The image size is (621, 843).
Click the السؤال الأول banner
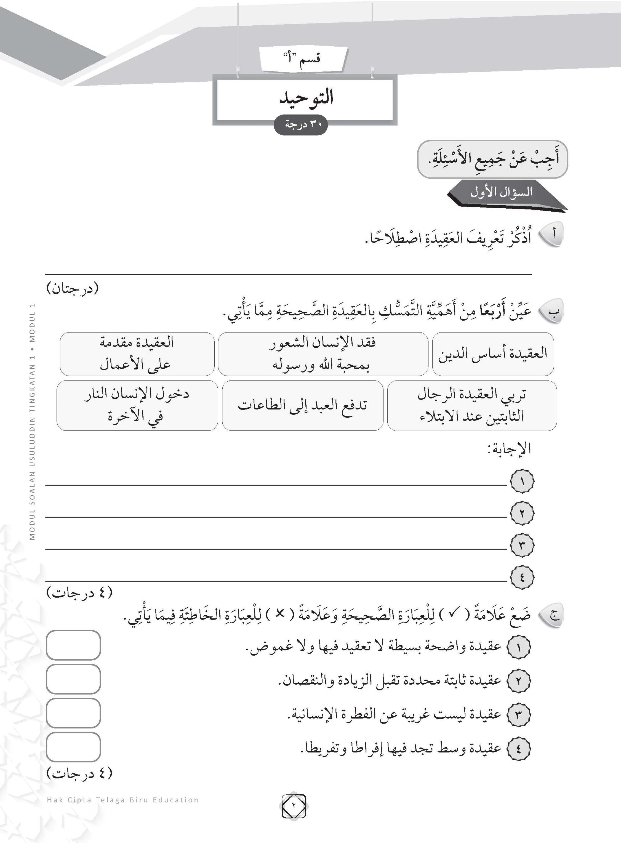click(502, 193)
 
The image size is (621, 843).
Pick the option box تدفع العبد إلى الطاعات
click(302, 405)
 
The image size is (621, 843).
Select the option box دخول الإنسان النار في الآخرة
click(137, 405)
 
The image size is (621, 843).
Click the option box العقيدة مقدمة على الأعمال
click(137, 354)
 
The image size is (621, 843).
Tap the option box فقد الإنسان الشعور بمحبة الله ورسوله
click(323, 354)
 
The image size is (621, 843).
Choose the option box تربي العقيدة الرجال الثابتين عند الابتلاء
click(472, 405)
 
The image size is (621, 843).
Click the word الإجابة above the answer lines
click(509, 449)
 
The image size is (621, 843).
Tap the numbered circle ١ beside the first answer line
click(522, 481)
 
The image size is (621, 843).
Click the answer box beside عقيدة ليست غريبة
click(73, 713)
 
